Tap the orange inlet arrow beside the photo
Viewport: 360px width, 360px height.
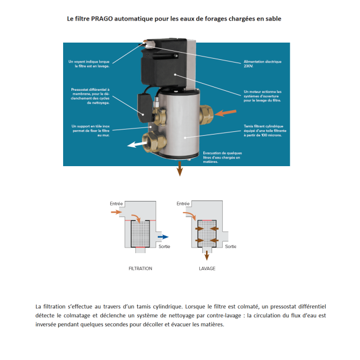tap(225, 113)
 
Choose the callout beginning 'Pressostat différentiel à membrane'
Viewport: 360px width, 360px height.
tap(91, 96)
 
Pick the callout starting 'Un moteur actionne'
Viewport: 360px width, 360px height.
tap(263, 96)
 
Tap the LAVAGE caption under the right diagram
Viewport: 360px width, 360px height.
tap(207, 268)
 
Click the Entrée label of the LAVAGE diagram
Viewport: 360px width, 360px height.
tap(183, 204)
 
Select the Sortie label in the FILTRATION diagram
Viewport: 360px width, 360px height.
tap(164, 246)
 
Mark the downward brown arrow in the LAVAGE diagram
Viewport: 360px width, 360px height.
tap(206, 255)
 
